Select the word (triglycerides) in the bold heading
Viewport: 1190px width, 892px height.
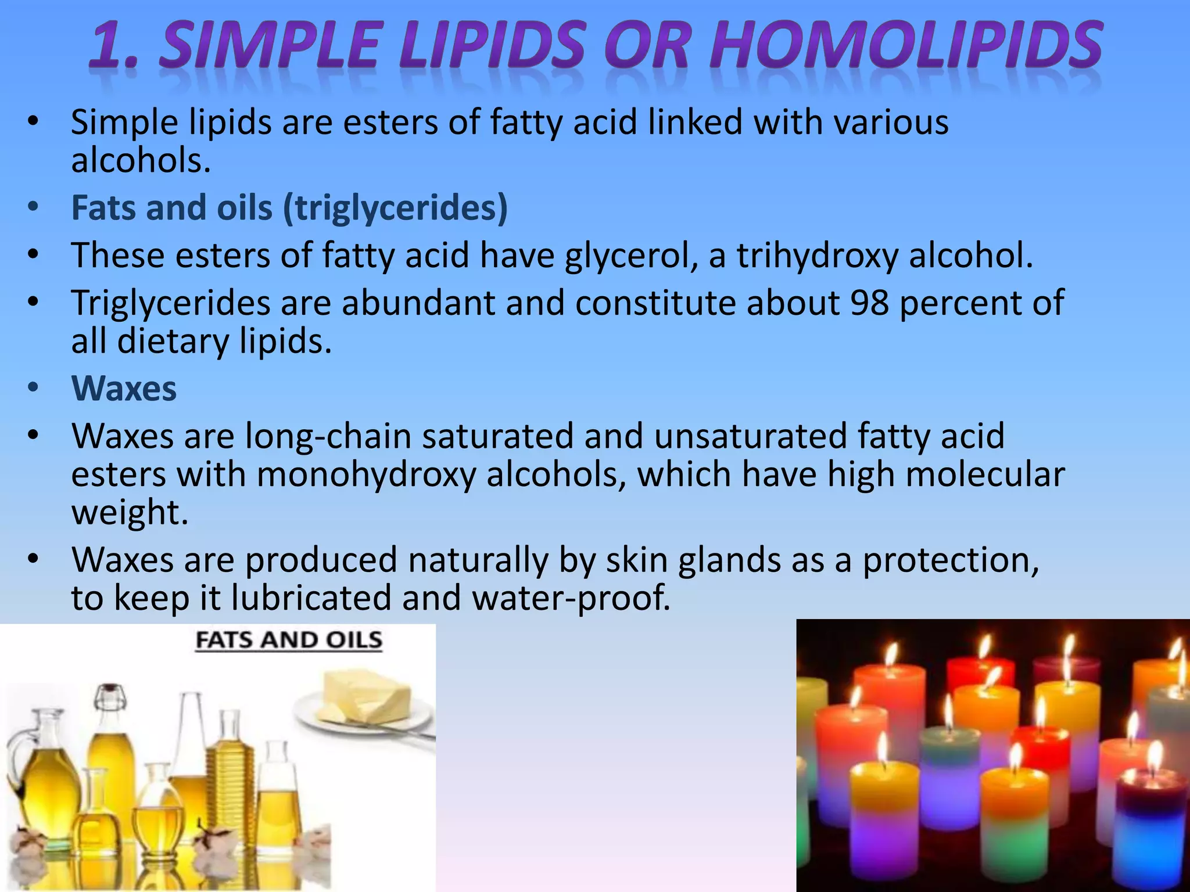tap(395, 208)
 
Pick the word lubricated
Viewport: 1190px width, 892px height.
tap(311, 598)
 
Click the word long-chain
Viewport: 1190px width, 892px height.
tap(328, 436)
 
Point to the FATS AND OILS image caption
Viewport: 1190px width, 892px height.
tap(289, 640)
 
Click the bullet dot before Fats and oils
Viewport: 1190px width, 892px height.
tap(33, 207)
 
